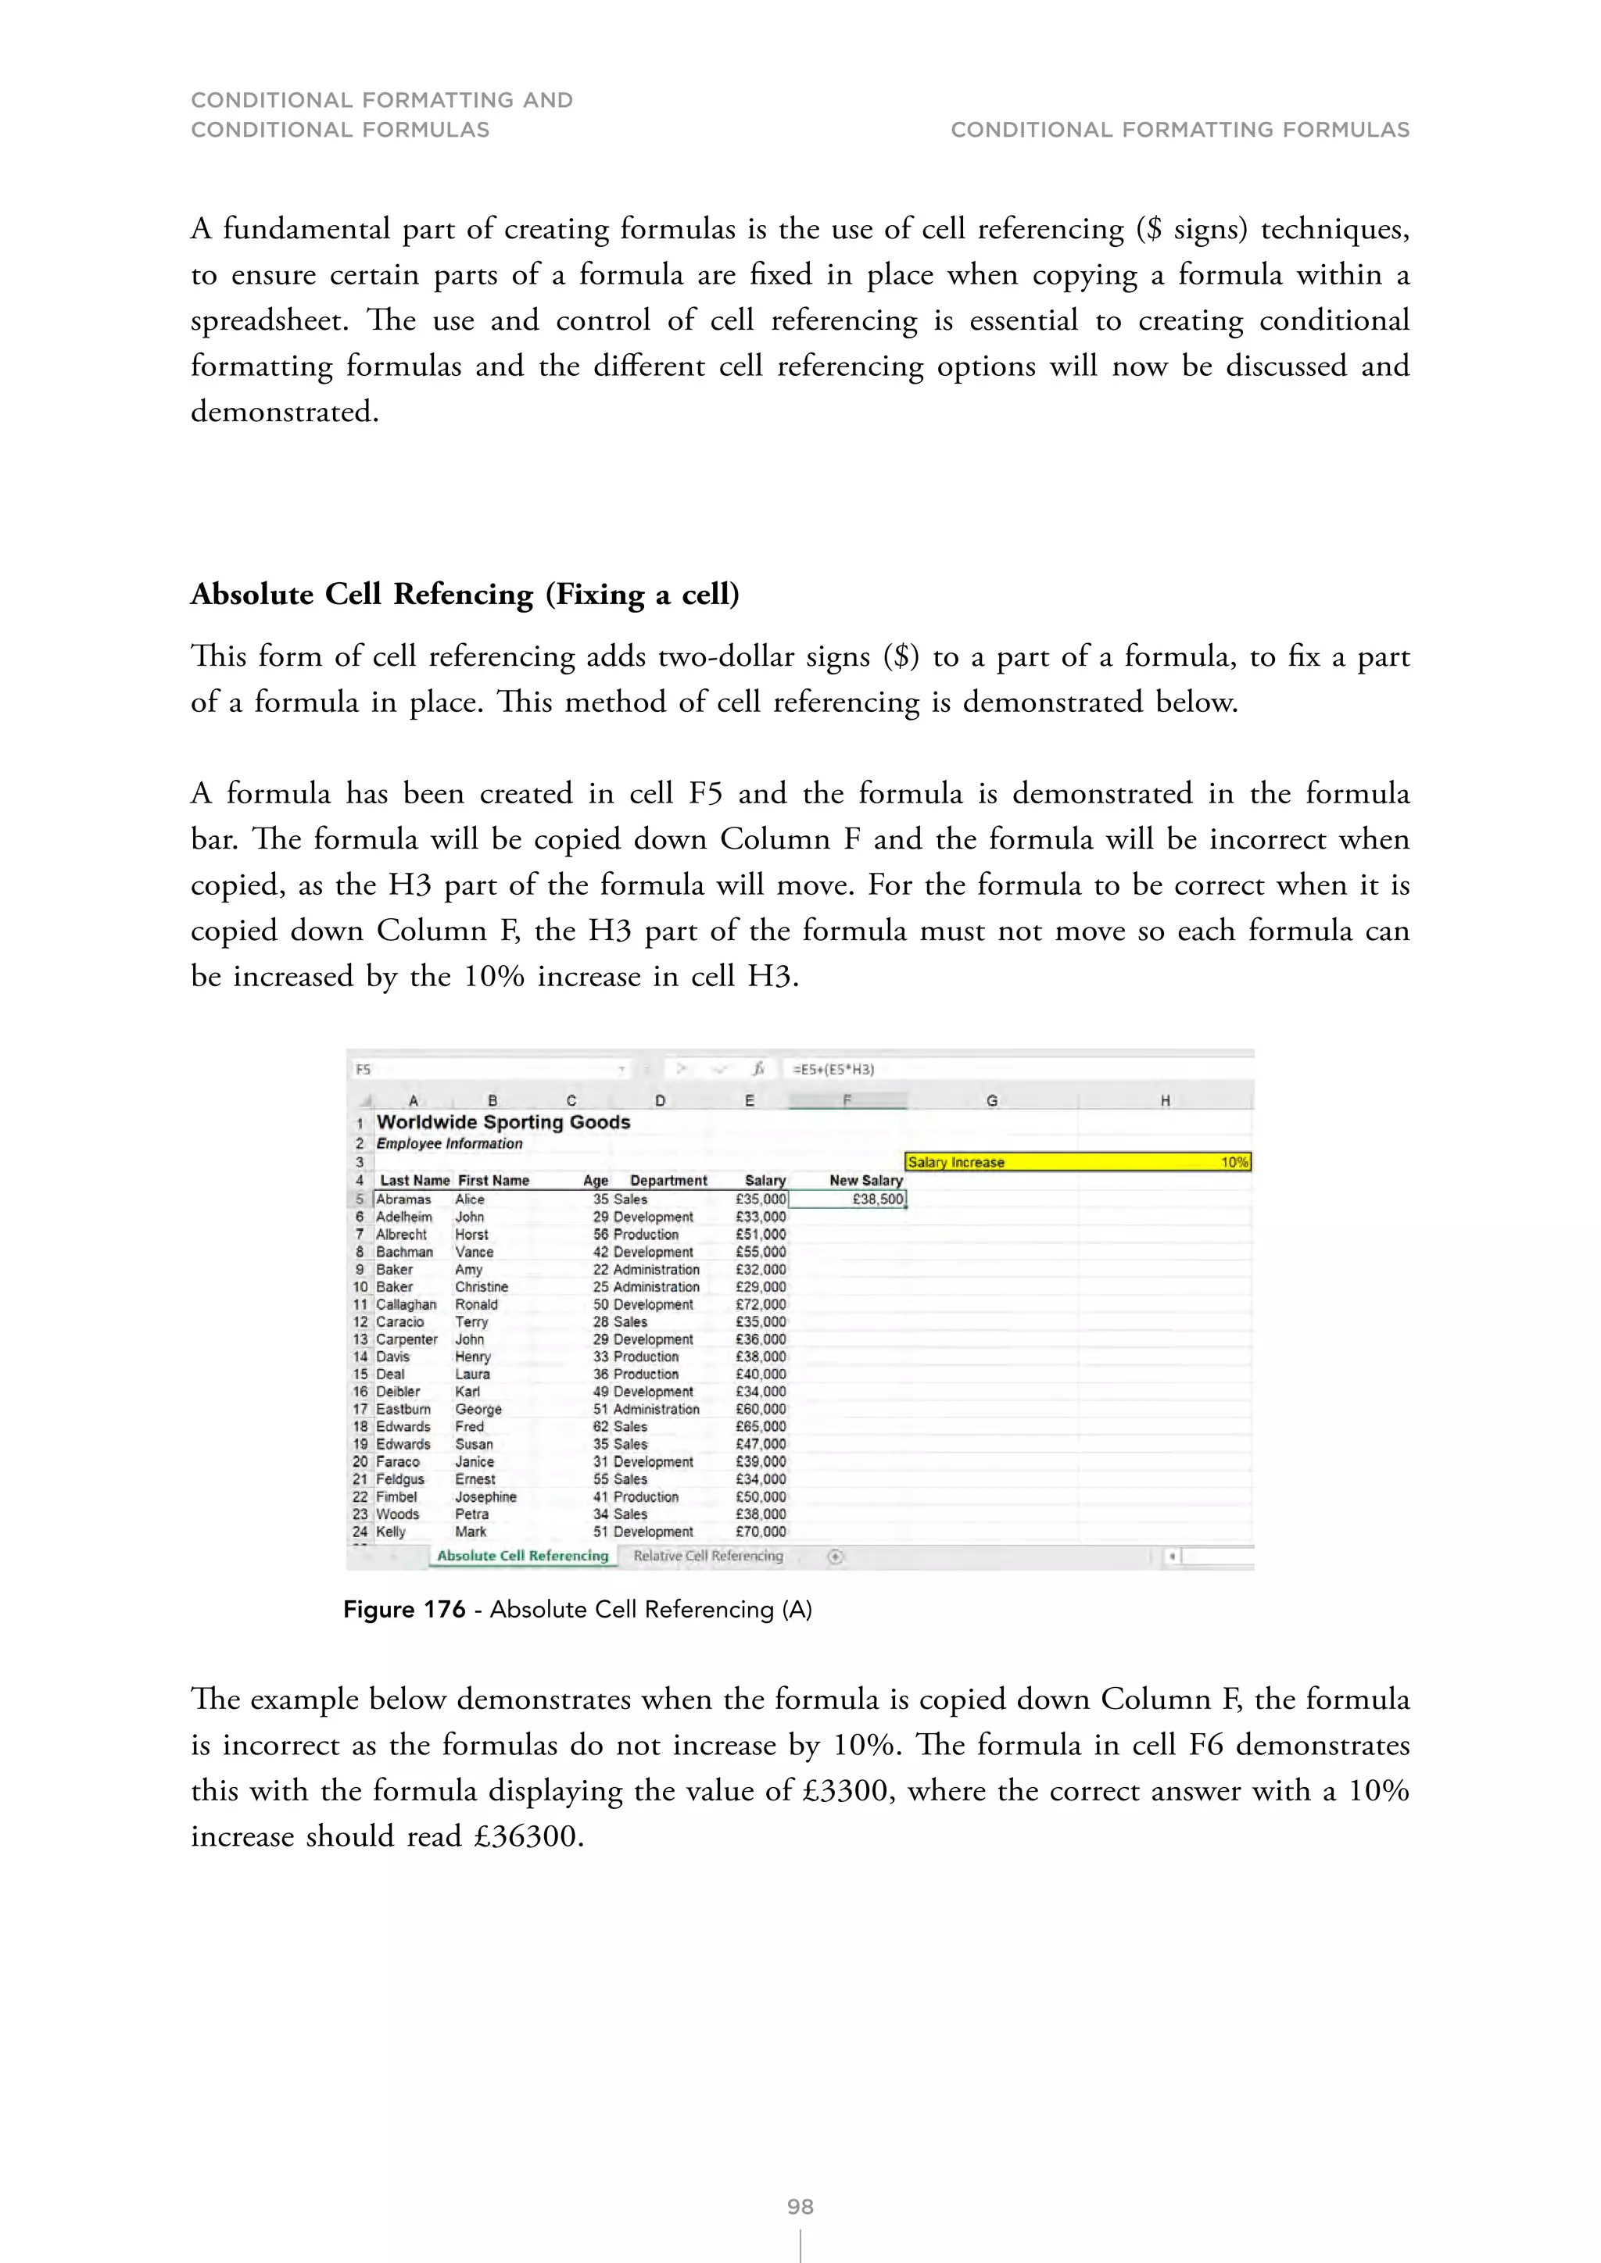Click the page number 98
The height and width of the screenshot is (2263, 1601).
pyautogui.click(x=800, y=2206)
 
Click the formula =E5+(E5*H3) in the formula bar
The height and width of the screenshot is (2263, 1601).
pyautogui.click(x=833, y=1068)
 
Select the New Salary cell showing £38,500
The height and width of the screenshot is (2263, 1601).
pyautogui.click(x=848, y=1199)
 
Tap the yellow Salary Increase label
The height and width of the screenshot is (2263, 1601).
pyautogui.click(x=955, y=1162)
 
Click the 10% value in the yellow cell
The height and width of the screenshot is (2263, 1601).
pyautogui.click(x=1234, y=1162)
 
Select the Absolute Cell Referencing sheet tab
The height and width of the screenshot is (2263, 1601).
pyautogui.click(x=522, y=1555)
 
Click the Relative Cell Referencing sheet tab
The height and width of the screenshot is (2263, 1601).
pyautogui.click(x=707, y=1555)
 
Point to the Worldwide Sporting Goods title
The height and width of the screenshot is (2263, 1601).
pyautogui.click(x=503, y=1121)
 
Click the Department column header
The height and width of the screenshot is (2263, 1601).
pyautogui.click(x=668, y=1180)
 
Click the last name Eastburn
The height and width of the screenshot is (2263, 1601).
pyautogui.click(x=403, y=1408)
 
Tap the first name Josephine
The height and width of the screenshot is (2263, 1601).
pyautogui.click(x=485, y=1496)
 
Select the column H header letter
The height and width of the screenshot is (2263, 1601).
pyautogui.click(x=1164, y=1101)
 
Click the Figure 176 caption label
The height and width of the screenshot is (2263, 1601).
pyautogui.click(x=403, y=1610)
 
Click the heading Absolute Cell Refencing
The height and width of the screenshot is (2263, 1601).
pyautogui.click(x=464, y=595)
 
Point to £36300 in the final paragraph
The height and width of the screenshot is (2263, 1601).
pyautogui.click(x=528, y=1836)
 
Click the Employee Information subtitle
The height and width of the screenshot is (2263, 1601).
pyautogui.click(x=449, y=1143)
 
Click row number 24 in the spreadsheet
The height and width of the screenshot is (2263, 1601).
pyautogui.click(x=359, y=1532)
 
